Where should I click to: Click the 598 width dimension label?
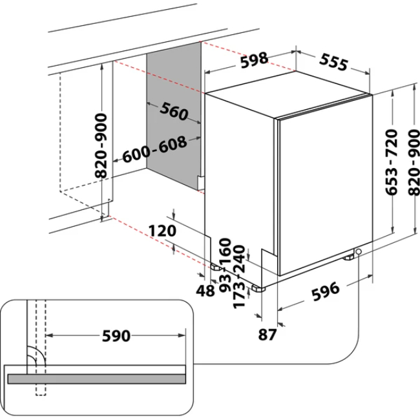click(254, 61)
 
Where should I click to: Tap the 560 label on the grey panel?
click(173, 112)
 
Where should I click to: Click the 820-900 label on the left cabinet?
click(101, 147)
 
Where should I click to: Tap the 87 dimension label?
click(268, 334)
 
